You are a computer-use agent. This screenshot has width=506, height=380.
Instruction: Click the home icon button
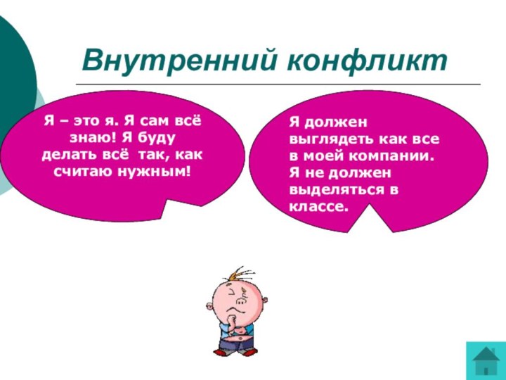pos(486,360)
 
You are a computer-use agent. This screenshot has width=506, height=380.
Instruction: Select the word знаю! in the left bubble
pos(93,137)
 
